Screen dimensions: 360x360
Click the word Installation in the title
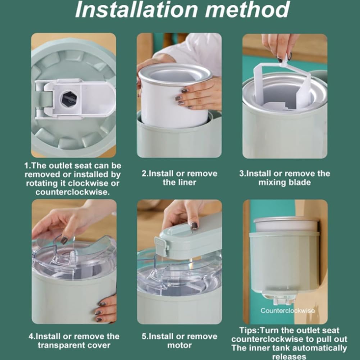[136, 10]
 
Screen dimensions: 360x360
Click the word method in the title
[247, 10]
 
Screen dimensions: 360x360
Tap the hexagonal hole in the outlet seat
[69, 99]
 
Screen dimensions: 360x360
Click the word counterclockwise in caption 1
[73, 192]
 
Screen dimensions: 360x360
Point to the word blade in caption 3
[300, 182]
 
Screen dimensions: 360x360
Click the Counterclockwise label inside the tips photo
[287, 311]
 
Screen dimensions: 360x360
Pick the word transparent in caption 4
[59, 345]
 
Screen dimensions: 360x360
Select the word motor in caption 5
[179, 345]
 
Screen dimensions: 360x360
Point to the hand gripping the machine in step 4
[106, 309]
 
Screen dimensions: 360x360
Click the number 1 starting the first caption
[26, 165]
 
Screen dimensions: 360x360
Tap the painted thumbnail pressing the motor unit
[194, 226]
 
